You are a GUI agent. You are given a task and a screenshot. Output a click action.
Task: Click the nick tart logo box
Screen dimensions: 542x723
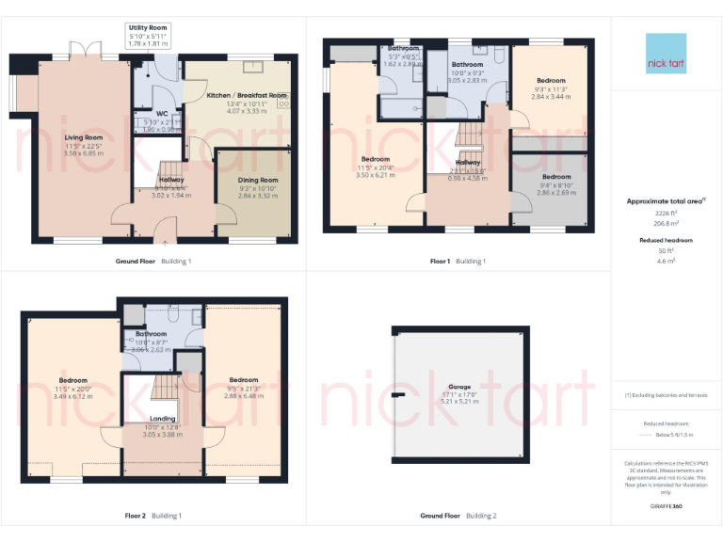(x=667, y=54)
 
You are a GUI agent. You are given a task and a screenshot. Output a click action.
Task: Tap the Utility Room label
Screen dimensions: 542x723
(x=148, y=28)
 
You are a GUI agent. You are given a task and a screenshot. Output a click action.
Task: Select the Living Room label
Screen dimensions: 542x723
(x=83, y=137)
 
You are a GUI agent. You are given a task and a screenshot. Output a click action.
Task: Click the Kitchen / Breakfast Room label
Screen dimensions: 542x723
(x=247, y=95)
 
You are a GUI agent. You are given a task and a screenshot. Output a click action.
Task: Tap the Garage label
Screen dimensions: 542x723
(x=459, y=387)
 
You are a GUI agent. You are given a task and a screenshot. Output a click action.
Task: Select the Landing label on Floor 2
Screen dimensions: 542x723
(x=164, y=419)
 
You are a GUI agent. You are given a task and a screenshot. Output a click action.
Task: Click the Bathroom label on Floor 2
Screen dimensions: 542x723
(x=151, y=334)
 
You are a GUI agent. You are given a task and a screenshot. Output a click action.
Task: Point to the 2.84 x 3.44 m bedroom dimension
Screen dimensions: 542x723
(x=551, y=97)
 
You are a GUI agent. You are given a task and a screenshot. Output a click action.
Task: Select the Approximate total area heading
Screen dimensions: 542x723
(x=665, y=201)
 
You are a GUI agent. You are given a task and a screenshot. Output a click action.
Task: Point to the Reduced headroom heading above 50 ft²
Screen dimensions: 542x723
(x=666, y=240)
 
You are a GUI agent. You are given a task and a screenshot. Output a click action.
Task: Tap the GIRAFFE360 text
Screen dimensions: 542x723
(x=666, y=507)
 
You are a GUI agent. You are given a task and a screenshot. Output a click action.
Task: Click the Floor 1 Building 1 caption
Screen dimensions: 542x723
(x=457, y=261)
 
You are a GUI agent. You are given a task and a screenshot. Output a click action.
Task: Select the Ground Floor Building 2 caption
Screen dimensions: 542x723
(x=458, y=516)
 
